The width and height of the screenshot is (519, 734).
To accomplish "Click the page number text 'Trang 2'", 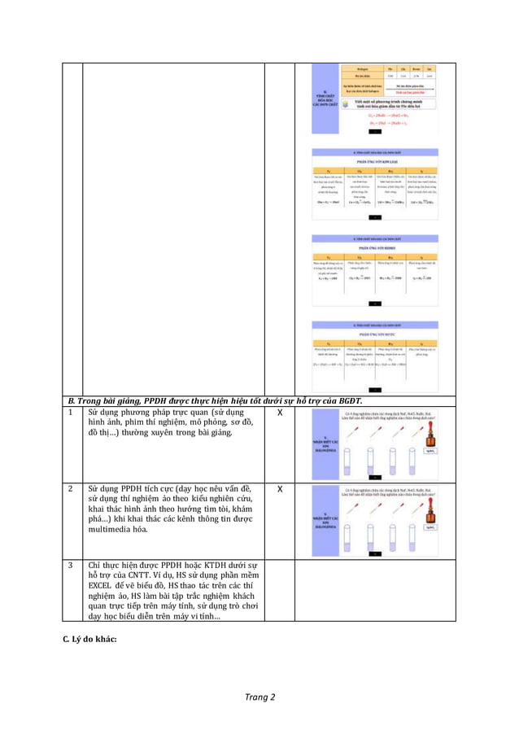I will tap(261, 697).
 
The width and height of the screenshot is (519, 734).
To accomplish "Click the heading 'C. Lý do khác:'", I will tap(90, 639).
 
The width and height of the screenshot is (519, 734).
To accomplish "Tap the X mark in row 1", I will tap(280, 414).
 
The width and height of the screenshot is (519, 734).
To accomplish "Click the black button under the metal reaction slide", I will tap(375, 217).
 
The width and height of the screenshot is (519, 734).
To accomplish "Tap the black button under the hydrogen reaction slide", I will tap(375, 303).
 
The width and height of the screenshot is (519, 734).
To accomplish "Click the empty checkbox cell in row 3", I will tap(280, 590).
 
